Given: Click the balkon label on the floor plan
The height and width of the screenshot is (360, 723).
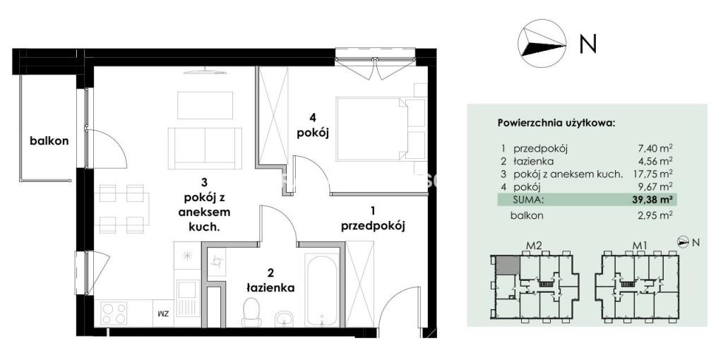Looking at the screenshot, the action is coord(49,141).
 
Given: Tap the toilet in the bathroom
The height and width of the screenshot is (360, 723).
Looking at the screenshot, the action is coord(251,312).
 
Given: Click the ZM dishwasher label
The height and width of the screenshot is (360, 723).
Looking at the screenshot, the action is coord(162,314).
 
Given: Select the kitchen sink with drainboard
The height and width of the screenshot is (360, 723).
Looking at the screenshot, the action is coord(188,298).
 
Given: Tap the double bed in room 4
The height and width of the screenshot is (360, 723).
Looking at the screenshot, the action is coord(381,128).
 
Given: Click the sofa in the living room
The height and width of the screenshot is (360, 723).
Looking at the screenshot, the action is coord(205,148).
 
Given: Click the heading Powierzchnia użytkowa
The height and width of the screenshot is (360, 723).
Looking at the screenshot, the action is coord(556,124).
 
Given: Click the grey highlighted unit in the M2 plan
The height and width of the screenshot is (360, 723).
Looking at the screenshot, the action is coord(508,265).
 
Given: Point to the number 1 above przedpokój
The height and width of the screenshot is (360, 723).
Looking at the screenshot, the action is coord(373,211).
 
